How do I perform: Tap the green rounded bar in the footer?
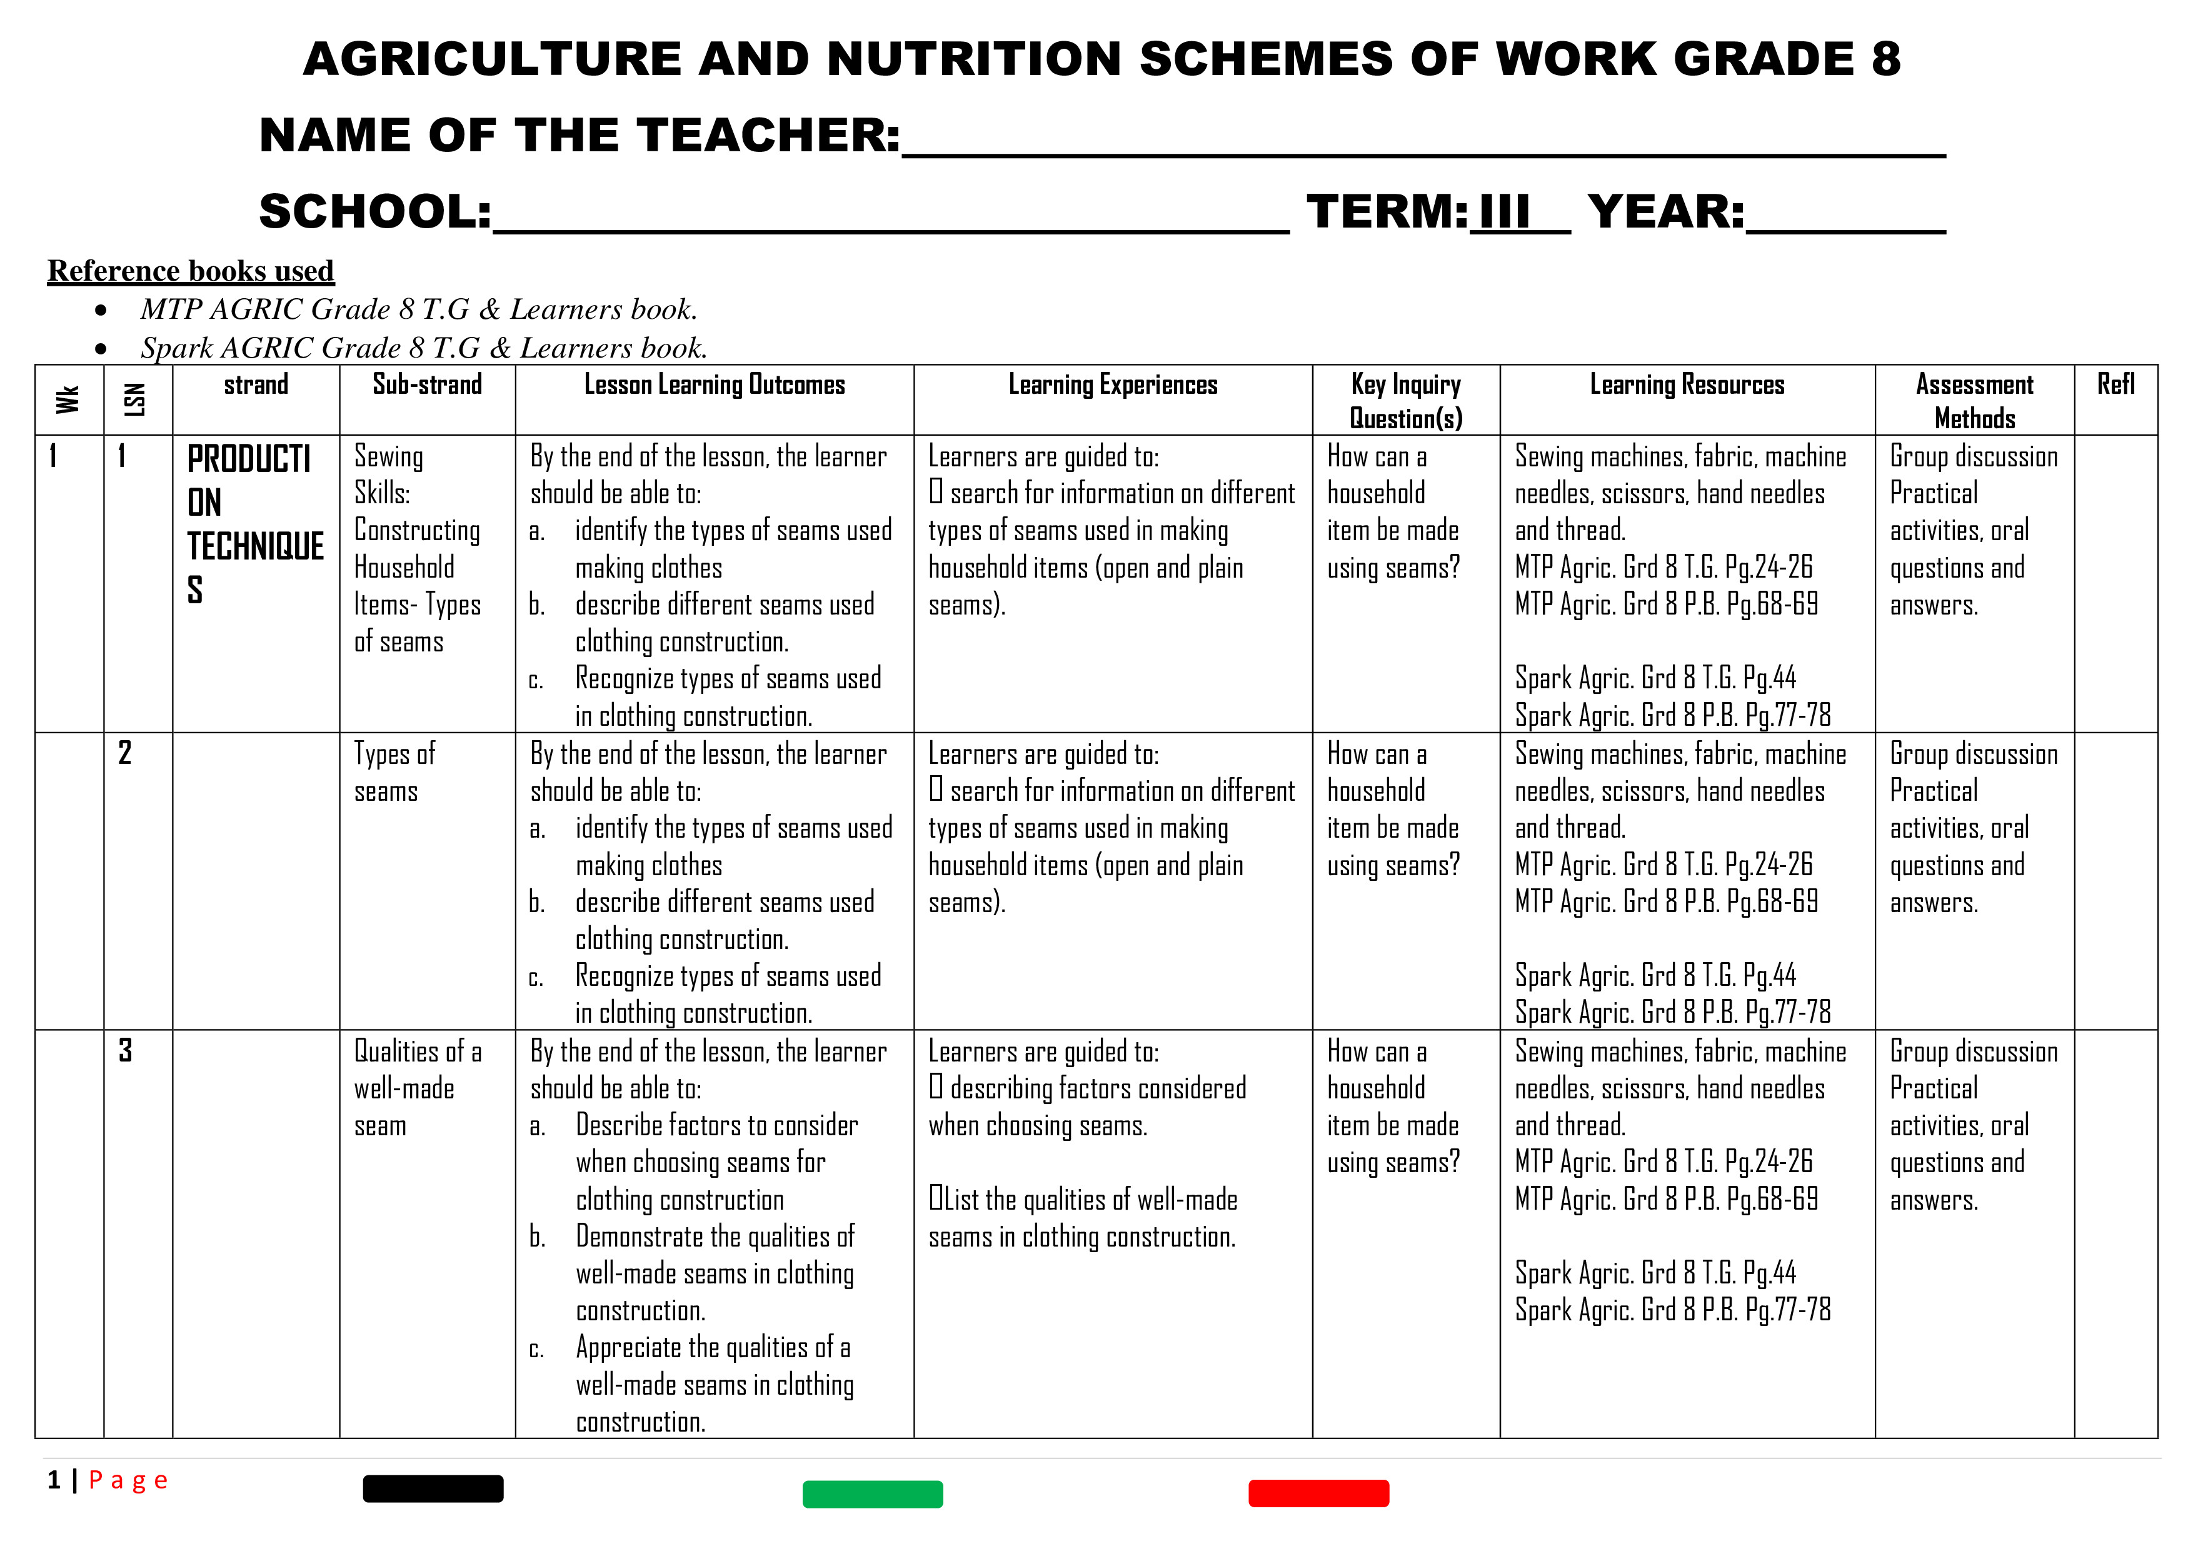point(872,1493)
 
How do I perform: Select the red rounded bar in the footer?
point(1318,1493)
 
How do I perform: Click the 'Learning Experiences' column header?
point(1113,385)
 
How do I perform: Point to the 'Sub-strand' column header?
point(427,385)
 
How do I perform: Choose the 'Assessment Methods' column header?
point(1974,401)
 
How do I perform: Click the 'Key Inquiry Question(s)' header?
point(1406,401)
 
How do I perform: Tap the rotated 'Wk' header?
point(68,399)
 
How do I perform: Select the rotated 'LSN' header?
point(136,399)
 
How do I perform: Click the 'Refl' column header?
point(2115,385)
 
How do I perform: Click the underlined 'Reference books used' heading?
point(191,271)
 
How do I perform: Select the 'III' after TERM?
point(1503,212)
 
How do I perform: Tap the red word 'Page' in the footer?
point(128,1480)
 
